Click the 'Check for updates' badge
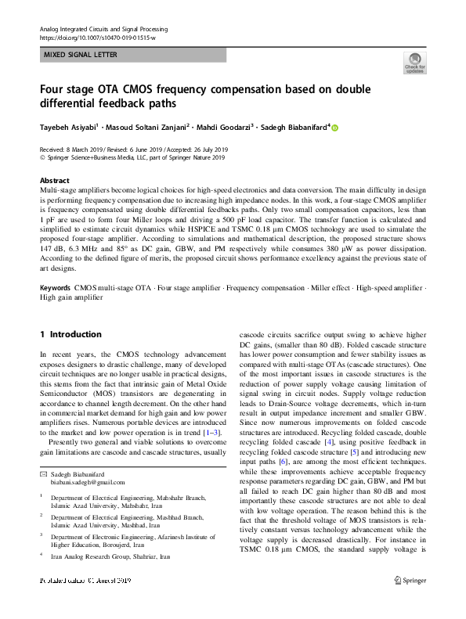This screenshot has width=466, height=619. coord(414,62)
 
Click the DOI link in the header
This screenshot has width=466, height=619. coord(92,38)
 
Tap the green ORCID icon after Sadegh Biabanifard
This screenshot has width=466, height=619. coord(337,127)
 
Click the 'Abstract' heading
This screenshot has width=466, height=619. coord(54,179)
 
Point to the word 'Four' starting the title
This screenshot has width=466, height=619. coord(52,88)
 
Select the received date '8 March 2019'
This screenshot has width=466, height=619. coord(87,149)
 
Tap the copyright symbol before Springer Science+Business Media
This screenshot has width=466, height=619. coord(42,157)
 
